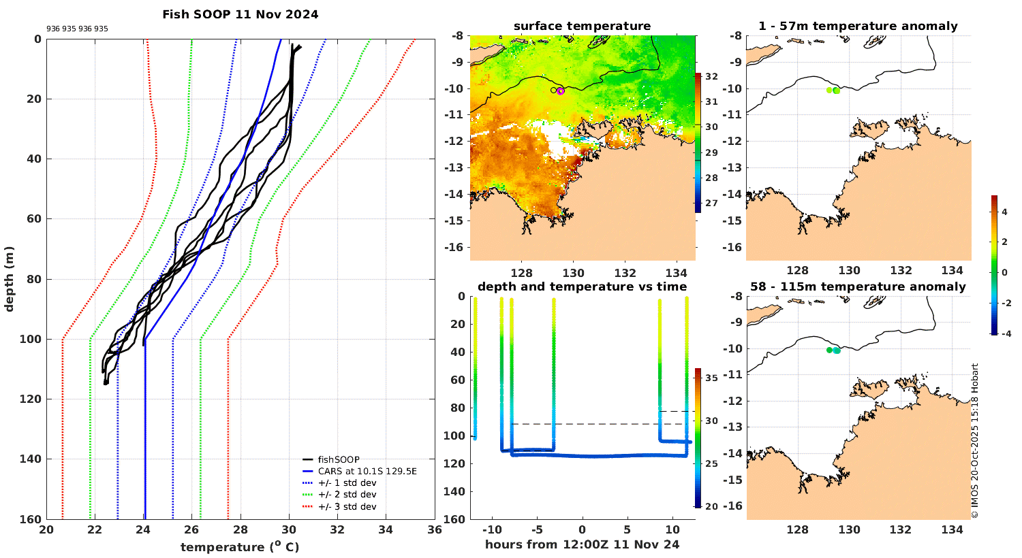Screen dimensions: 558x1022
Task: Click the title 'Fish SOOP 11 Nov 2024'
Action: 240,14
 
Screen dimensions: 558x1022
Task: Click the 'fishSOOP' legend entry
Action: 338,460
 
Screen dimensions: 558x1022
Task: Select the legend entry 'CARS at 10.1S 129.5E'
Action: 367,472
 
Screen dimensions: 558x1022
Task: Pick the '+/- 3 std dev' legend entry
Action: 347,507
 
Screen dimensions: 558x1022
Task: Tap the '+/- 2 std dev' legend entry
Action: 347,495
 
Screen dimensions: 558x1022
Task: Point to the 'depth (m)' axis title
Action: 10,278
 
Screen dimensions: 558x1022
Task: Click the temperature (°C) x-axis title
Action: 240,547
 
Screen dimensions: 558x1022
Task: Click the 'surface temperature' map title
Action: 582,27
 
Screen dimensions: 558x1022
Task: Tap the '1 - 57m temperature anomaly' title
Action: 858,27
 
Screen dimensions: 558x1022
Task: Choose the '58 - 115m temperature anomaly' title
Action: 858,287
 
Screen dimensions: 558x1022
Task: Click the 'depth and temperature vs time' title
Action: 582,287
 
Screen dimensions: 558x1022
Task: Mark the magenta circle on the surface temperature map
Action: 561,91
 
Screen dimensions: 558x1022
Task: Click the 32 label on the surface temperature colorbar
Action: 711,77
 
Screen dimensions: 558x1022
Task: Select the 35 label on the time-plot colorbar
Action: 711,378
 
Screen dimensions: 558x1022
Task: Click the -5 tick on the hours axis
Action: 536,530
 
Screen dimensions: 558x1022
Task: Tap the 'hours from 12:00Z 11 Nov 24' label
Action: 582,544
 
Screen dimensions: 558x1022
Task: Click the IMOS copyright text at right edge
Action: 975,441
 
